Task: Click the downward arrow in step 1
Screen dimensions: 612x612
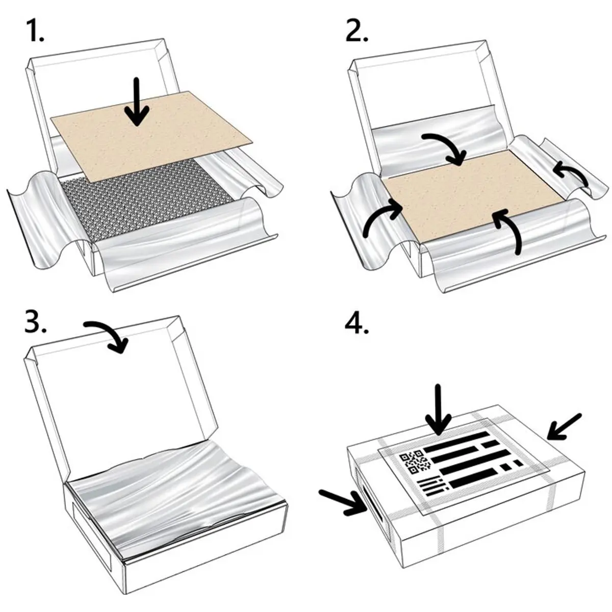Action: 137,101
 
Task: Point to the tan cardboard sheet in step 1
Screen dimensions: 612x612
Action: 152,137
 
